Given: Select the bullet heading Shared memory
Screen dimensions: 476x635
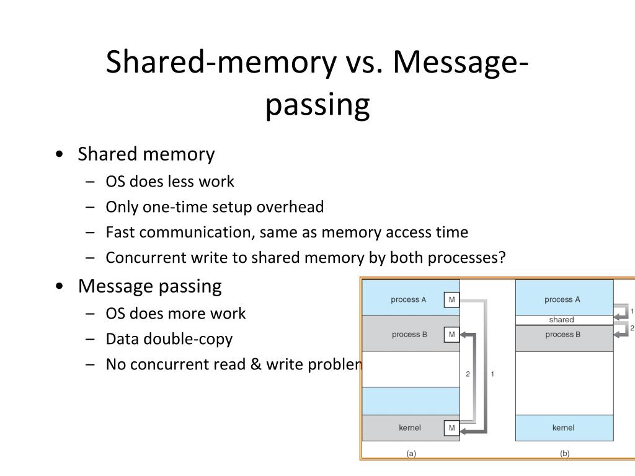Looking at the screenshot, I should [x=146, y=154].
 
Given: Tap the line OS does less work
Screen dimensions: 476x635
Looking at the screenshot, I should [x=170, y=182].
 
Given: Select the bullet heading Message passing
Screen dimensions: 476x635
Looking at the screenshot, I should [x=149, y=286].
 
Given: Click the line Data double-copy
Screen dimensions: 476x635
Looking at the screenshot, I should [x=169, y=339].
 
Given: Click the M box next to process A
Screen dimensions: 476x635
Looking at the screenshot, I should [x=451, y=300].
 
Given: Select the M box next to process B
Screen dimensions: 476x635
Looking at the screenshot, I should [x=451, y=335].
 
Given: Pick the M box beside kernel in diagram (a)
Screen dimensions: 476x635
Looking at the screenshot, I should [x=451, y=428].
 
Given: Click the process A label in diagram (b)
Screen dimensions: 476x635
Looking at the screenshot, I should [x=562, y=299].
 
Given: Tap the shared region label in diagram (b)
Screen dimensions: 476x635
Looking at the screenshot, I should [x=561, y=320].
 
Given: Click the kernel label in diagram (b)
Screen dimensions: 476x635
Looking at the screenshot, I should [x=562, y=428].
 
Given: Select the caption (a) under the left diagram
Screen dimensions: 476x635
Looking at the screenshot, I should [x=411, y=453].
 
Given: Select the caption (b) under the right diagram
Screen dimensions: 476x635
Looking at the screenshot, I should [x=564, y=453].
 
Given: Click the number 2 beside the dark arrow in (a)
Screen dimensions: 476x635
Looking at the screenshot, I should [x=468, y=374].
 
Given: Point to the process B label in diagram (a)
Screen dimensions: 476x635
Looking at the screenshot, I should [x=409, y=335].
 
